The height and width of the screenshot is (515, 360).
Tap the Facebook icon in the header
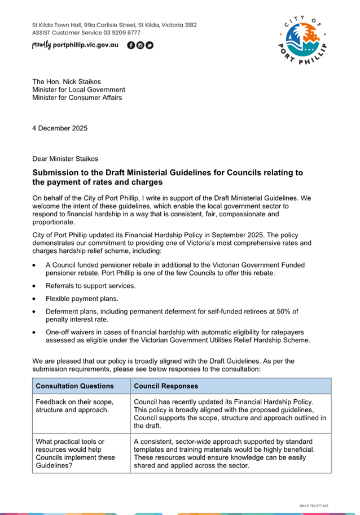[131, 45]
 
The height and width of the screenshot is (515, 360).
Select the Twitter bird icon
[150, 45]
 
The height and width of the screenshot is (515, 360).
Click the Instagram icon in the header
[141, 45]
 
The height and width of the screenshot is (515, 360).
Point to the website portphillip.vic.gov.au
[85, 45]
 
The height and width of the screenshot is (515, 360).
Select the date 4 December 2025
[60, 128]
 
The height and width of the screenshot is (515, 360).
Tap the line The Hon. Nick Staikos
[67, 81]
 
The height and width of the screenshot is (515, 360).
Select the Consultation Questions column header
[75, 386]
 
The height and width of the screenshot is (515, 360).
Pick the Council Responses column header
[166, 386]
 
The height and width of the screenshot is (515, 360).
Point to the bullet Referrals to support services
[91, 286]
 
